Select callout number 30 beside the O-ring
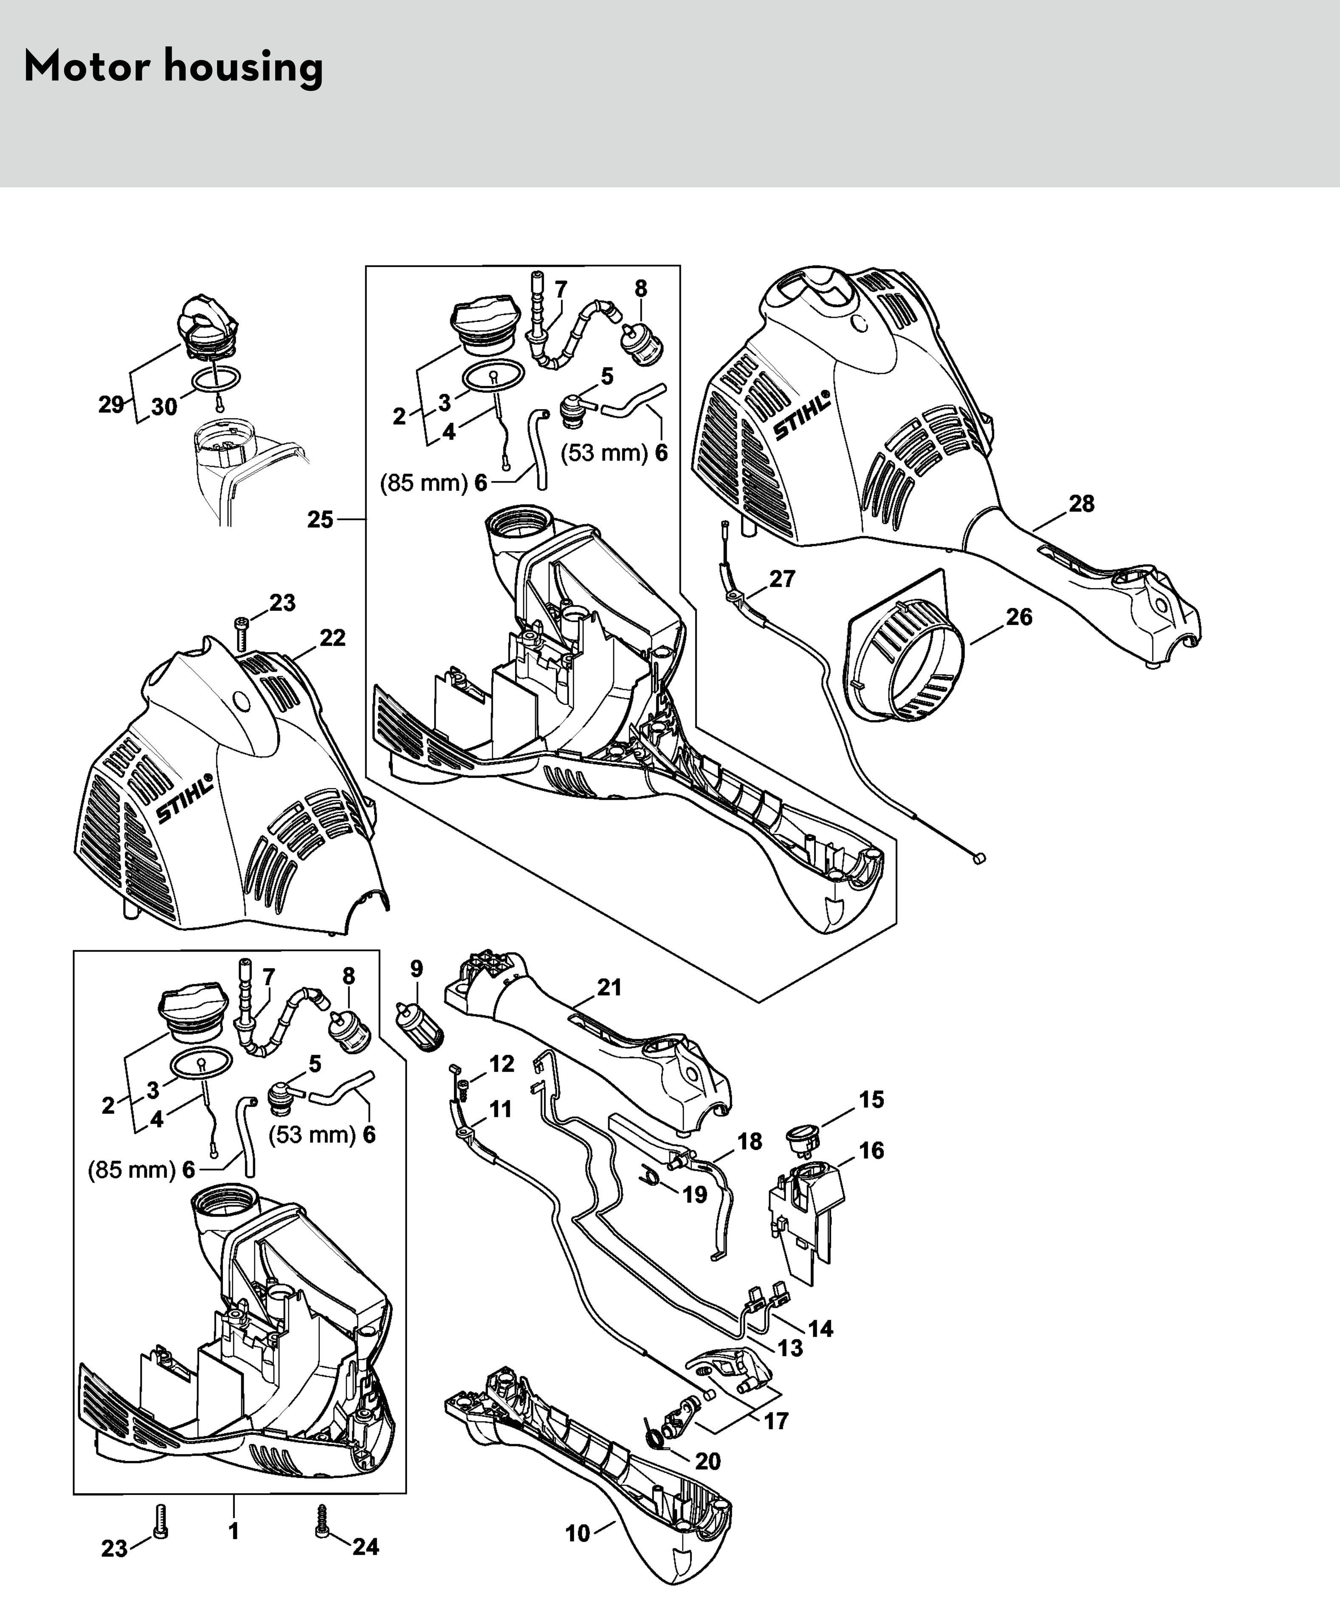tap(164, 407)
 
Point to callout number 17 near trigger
tap(776, 1420)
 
